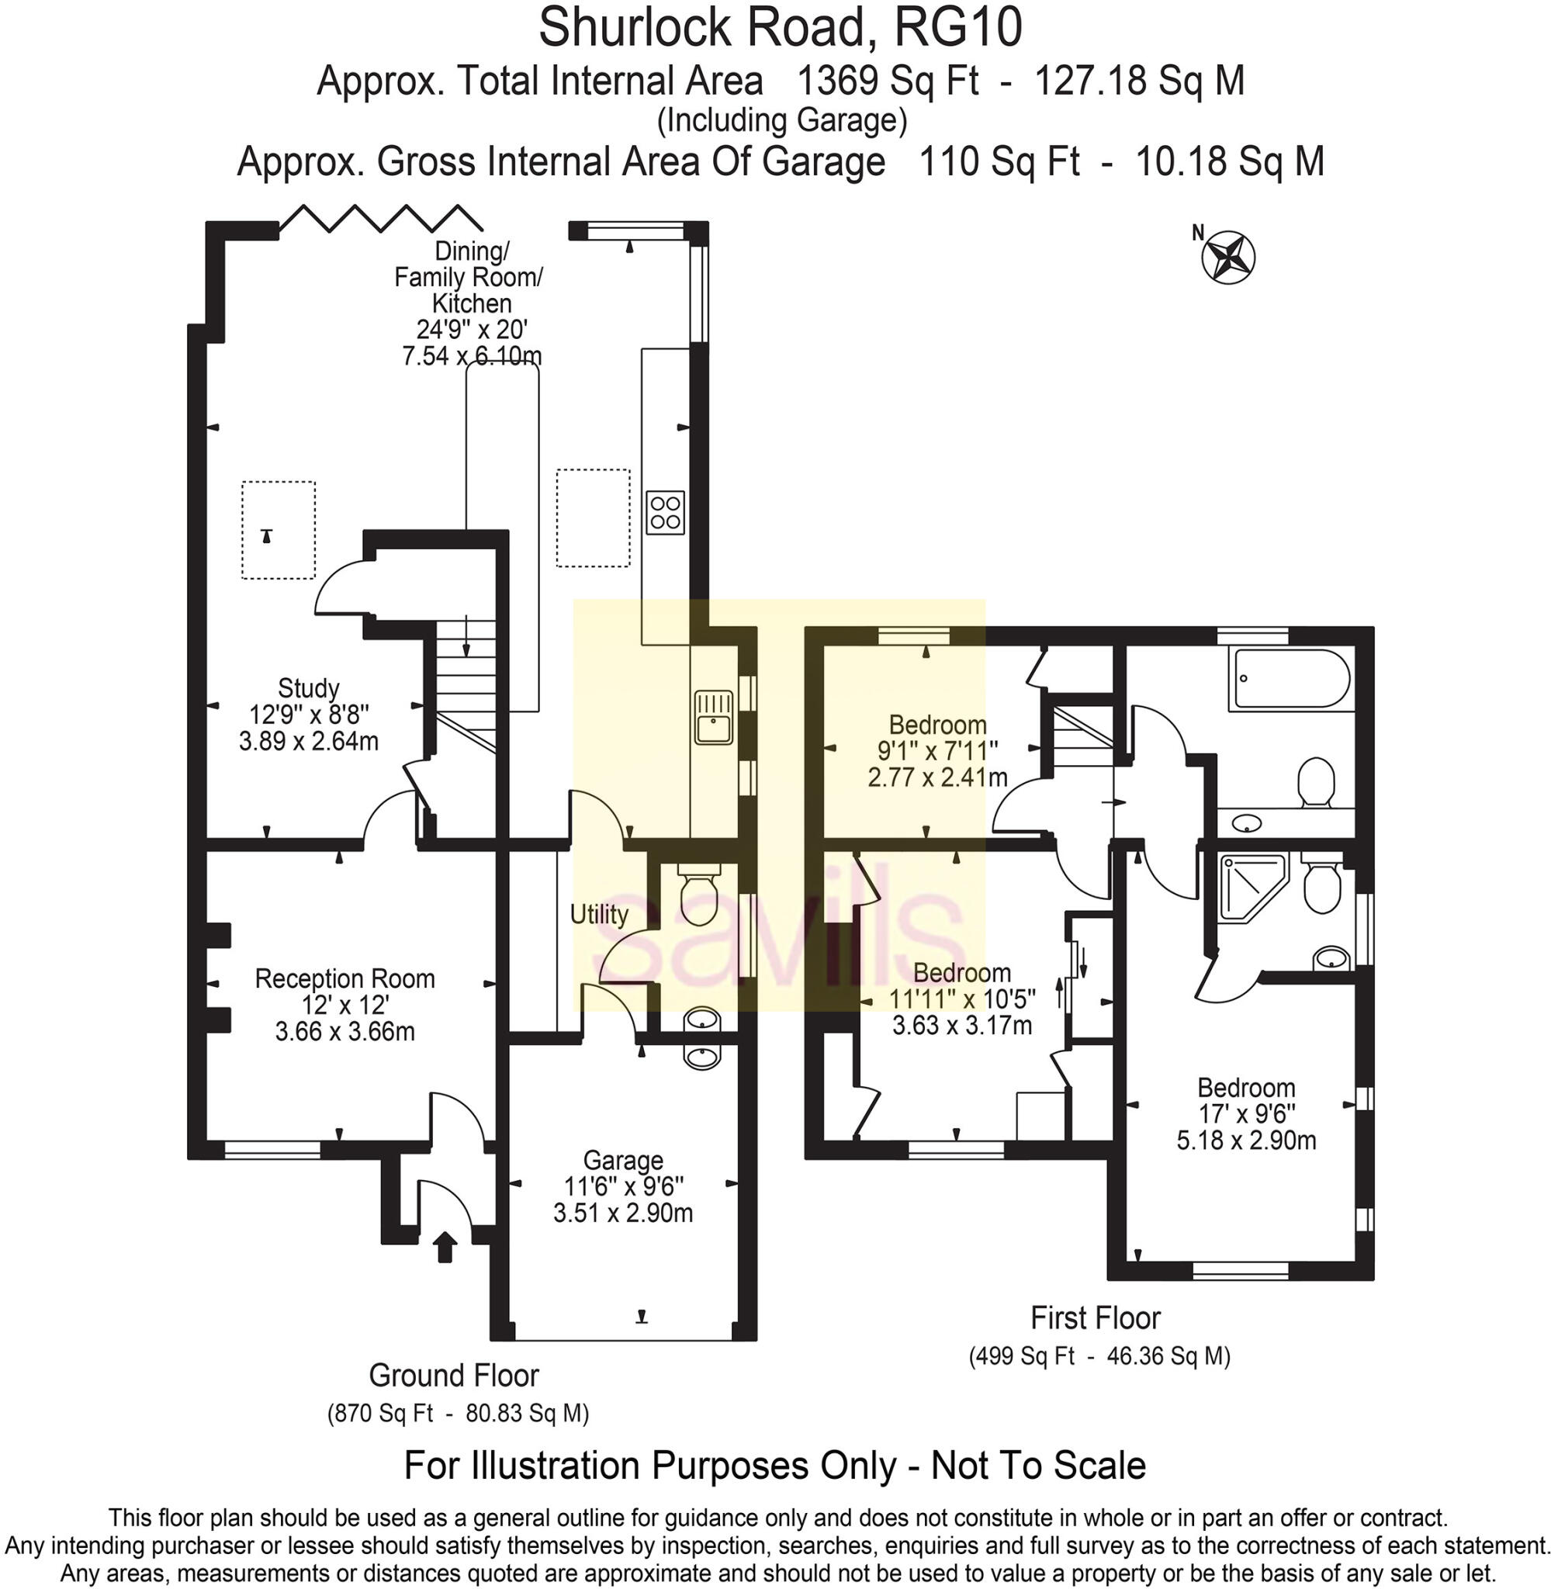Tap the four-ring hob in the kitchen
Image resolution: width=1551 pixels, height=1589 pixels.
[665, 512]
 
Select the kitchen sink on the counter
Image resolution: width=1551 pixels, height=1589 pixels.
[714, 717]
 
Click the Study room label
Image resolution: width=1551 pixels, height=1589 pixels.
[308, 689]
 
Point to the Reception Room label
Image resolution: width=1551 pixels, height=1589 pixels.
[344, 978]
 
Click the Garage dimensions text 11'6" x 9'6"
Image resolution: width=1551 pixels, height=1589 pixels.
[623, 1186]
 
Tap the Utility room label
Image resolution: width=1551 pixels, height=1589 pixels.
[599, 915]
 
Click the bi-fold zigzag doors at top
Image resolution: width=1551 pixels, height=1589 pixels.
[381, 218]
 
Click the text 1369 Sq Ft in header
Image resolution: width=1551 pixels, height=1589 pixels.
[886, 81]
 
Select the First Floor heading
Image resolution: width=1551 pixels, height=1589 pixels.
[1095, 1317]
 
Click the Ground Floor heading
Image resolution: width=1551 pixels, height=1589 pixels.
[454, 1375]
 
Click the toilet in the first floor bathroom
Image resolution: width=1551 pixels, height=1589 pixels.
[1316, 781]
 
